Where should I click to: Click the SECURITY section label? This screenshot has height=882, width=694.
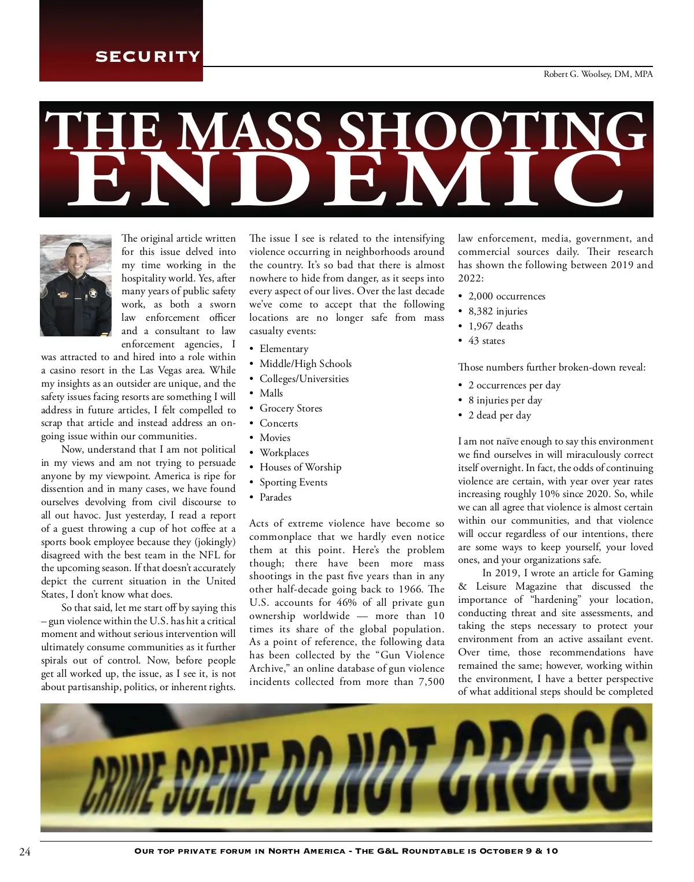pos(147,57)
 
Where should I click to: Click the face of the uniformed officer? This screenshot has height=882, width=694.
pos(76,266)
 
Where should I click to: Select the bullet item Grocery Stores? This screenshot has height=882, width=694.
pos(290,408)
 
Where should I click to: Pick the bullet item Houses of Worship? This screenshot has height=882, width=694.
pos(300,467)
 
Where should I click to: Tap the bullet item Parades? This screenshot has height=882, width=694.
pos(275,497)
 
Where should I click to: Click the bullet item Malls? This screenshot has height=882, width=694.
pos(271,393)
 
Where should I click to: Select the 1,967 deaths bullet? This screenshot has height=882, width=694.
pos(495,326)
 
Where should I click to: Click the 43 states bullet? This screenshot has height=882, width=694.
pos(486,341)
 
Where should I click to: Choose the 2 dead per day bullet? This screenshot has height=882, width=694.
pos(499,415)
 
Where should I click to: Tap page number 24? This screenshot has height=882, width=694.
pos(25,851)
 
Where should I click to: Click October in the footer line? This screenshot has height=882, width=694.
pos(501,851)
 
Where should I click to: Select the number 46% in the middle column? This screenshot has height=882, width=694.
pos(347,602)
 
